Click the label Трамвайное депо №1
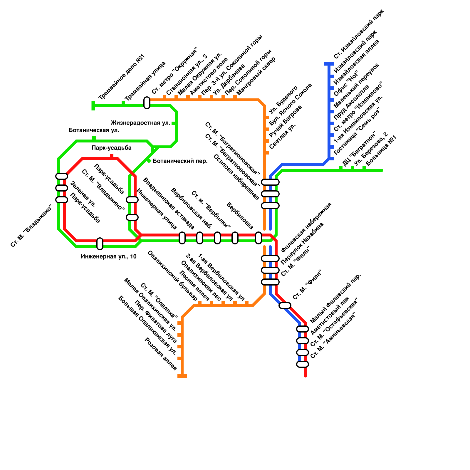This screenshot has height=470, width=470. [x=122, y=77]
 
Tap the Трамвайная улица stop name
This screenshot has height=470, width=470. [x=145, y=81]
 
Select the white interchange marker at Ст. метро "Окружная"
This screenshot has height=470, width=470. [x=147, y=103]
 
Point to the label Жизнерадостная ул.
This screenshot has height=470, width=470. [x=140, y=123]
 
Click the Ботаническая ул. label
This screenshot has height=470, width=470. [x=94, y=130]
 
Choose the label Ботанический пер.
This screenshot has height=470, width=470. [x=180, y=161]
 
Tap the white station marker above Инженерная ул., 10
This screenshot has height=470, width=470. [x=100, y=244]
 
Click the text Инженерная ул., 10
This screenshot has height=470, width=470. [x=109, y=256]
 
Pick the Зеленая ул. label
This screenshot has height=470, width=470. [x=83, y=194]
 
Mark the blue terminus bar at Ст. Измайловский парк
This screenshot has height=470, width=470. [x=329, y=64]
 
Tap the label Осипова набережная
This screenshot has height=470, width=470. [x=237, y=177]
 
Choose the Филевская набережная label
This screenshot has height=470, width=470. [x=306, y=227]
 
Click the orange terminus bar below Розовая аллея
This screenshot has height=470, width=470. [x=182, y=376]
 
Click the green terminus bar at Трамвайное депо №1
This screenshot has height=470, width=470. [x=93, y=106]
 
